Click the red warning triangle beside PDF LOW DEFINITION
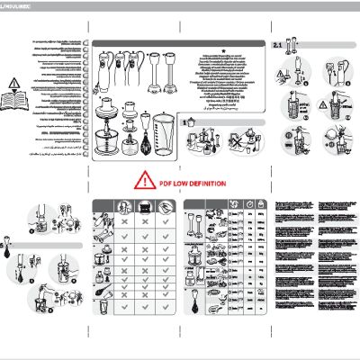(x=143, y=182)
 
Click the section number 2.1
(x=278, y=43)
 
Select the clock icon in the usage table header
(x=245, y=205)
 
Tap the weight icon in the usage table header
(x=261, y=205)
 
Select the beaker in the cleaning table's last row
(x=103, y=306)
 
